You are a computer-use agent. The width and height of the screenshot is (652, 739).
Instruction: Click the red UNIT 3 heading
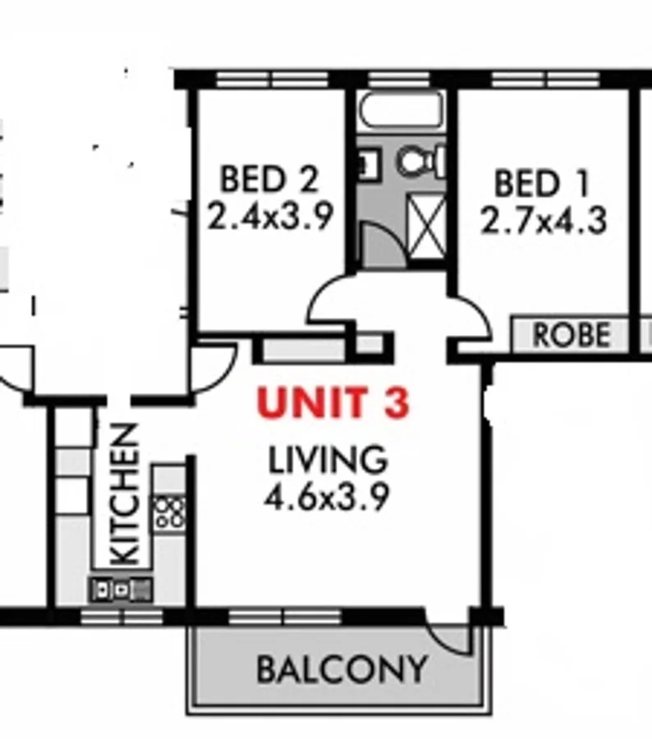point(333,403)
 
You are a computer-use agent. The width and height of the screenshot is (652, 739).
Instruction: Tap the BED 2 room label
point(269,178)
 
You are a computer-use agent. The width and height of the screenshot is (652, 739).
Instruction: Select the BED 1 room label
point(542,183)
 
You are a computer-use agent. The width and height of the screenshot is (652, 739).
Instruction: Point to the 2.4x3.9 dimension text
point(269,217)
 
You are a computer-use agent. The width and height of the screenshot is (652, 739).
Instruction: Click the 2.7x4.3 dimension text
point(543,221)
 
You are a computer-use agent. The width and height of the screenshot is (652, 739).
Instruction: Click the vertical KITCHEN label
point(124,493)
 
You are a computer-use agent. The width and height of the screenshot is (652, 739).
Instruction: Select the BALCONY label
point(342,669)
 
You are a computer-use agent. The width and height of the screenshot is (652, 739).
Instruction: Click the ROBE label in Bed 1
point(572,335)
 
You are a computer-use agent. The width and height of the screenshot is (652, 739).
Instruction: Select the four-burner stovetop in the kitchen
point(169,512)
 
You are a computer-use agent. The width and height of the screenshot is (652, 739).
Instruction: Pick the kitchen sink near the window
point(122,588)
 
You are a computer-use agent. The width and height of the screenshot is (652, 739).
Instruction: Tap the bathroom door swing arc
point(383,244)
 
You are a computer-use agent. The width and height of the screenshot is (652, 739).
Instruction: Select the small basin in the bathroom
point(365,164)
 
